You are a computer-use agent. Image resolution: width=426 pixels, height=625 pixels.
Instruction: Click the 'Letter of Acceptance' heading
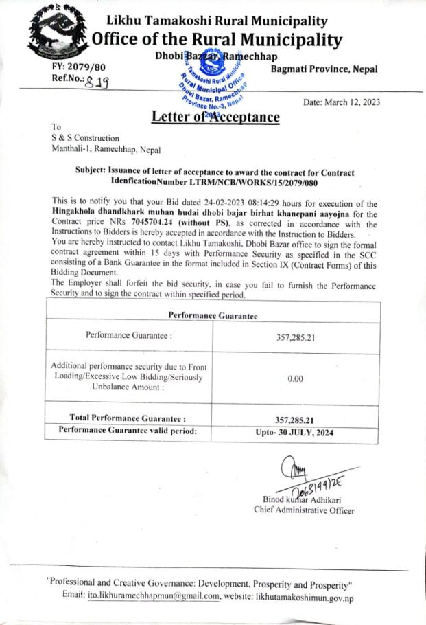215,117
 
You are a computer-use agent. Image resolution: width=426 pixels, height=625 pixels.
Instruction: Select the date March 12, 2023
341,102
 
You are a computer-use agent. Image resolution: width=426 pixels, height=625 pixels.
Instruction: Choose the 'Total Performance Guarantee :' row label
128,418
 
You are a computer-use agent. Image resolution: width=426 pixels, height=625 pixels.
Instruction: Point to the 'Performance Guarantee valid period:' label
128,431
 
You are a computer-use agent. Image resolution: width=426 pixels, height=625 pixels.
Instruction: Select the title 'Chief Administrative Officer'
303,510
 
